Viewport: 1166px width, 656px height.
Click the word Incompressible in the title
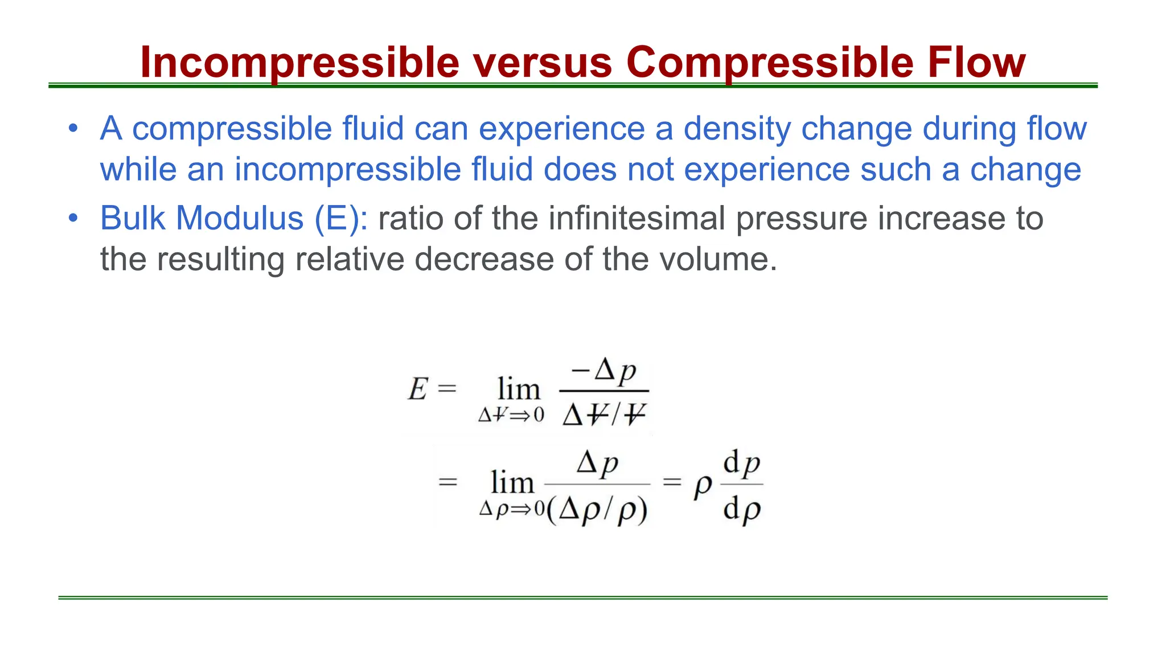click(299, 62)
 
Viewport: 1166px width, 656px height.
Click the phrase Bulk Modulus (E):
click(234, 218)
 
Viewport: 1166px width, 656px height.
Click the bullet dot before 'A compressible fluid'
click(72, 128)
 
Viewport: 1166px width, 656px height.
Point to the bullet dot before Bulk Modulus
click(72, 218)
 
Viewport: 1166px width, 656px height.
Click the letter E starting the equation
click(417, 390)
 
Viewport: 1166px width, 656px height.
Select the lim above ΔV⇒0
click(518, 389)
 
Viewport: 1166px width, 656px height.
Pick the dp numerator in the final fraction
click(742, 463)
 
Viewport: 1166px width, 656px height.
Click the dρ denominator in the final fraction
click(742, 509)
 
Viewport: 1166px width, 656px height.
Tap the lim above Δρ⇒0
click(512, 483)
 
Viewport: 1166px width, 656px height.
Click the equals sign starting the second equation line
click(448, 482)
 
